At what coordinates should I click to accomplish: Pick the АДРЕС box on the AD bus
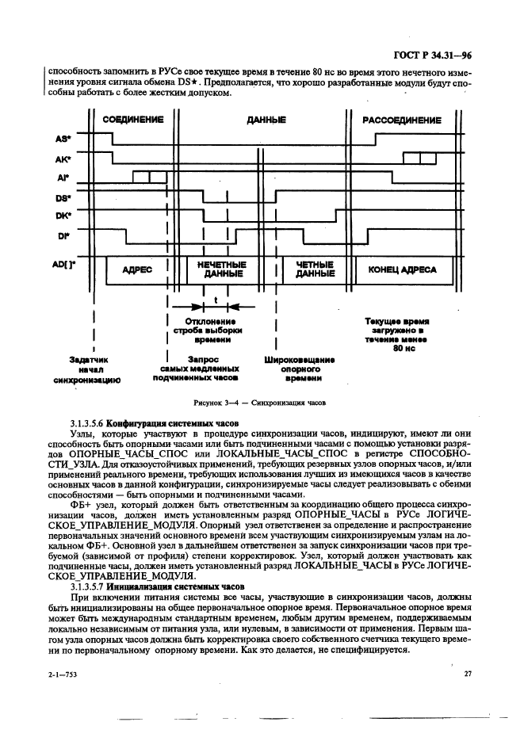click(137, 269)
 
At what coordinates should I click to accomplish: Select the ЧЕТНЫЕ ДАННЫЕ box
click(314, 269)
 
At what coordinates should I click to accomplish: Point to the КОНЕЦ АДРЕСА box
click(402, 269)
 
